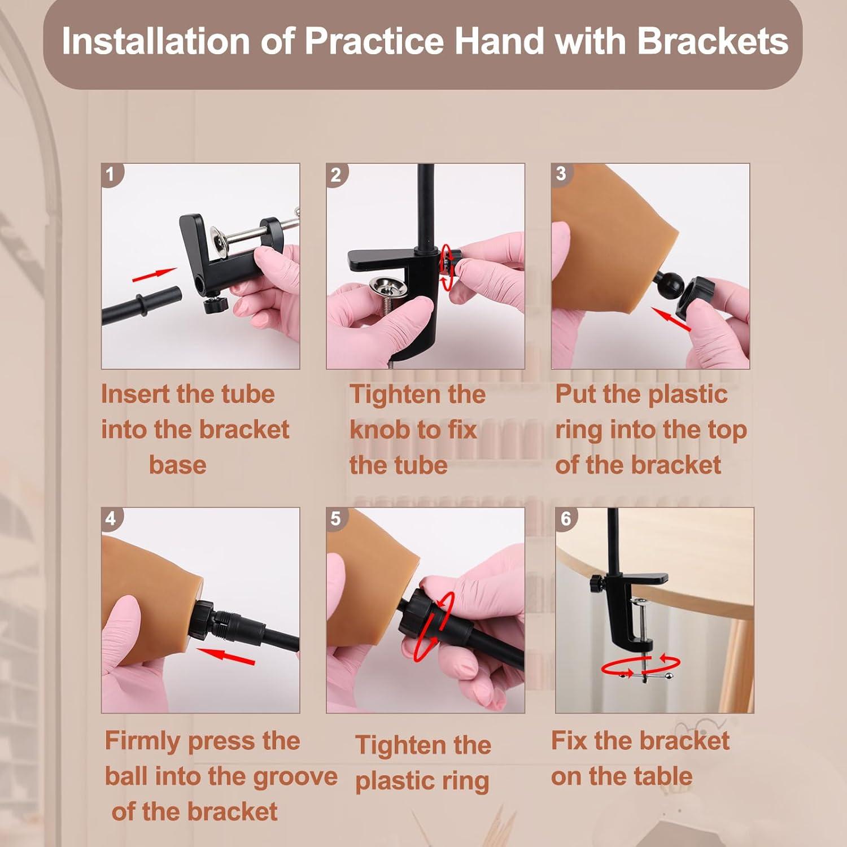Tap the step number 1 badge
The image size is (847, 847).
[110, 173]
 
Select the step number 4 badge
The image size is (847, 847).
[111, 518]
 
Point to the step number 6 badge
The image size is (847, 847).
[566, 518]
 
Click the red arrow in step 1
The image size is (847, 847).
[154, 274]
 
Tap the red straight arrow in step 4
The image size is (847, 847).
[225, 656]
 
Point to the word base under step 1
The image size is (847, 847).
[177, 465]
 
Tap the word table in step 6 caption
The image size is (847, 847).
[663, 776]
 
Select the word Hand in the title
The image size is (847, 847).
[495, 41]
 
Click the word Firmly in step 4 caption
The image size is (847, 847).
[142, 741]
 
